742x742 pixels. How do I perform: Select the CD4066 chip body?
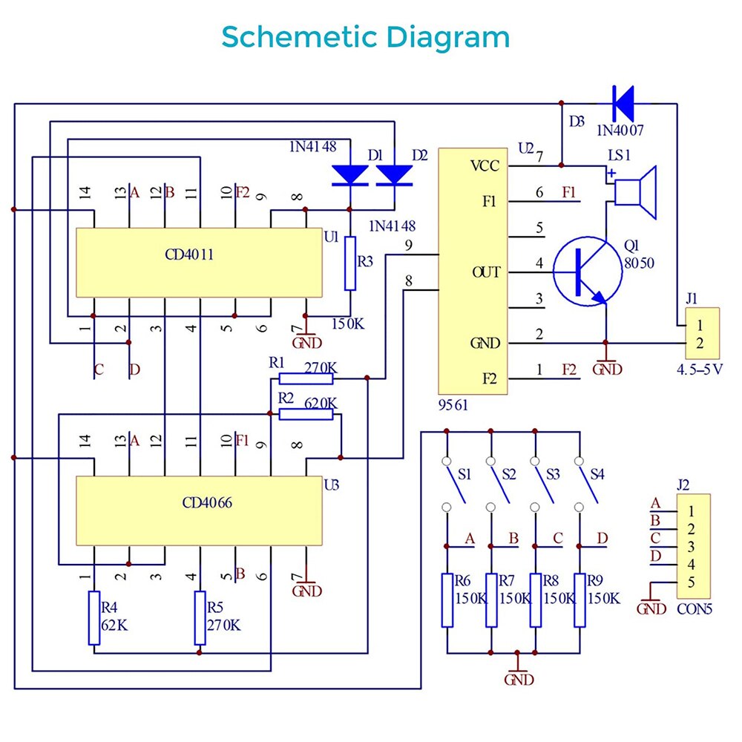click(200, 512)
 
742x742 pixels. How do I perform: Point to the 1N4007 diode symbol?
click(623, 104)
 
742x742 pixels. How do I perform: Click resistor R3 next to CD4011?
click(351, 263)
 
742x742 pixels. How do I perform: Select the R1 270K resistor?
click(306, 378)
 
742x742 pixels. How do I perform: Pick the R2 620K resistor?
click(306, 414)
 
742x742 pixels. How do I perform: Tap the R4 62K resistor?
click(93, 617)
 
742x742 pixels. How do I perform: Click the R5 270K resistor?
click(200, 617)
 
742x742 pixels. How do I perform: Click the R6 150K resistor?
click(447, 600)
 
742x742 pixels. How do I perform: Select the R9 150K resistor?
click(580, 600)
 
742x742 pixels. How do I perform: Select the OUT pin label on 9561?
click(486, 272)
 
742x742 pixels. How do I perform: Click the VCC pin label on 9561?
click(486, 165)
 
